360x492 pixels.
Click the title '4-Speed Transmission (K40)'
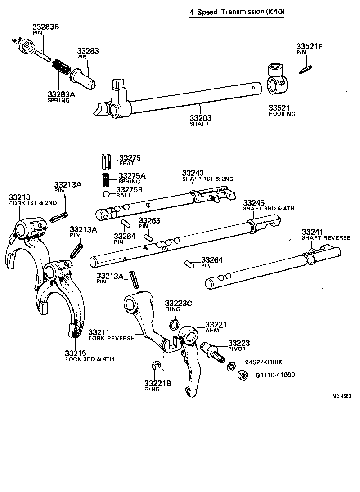237,12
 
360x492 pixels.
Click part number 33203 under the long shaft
200,118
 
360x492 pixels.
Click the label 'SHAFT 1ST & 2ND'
207,179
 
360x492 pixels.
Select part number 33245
254,203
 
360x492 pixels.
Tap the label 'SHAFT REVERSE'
325,237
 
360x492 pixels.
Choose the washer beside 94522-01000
230,365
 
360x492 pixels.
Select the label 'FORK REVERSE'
111,338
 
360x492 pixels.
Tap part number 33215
76,353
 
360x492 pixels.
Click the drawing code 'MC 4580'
342,396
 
